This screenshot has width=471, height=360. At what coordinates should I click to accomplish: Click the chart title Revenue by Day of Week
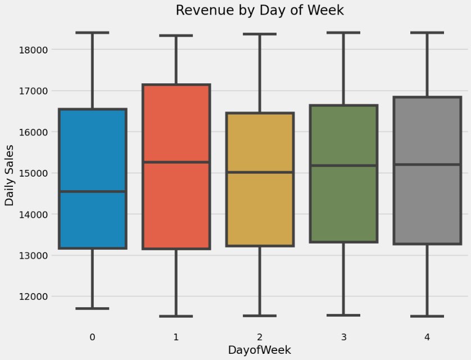259,10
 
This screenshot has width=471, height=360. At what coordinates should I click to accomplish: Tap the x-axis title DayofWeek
259,350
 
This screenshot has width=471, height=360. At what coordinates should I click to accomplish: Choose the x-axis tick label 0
92,336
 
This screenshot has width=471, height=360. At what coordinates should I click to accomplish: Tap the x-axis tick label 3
343,336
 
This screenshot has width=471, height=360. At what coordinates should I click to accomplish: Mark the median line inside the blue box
92,192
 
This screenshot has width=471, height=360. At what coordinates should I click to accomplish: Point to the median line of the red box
176,163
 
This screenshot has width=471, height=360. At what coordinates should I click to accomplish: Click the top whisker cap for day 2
260,34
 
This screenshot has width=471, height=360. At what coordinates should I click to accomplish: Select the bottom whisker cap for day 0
92,308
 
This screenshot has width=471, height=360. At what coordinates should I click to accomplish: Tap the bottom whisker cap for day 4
427,316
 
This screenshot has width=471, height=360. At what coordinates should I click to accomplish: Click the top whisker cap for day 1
176,36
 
